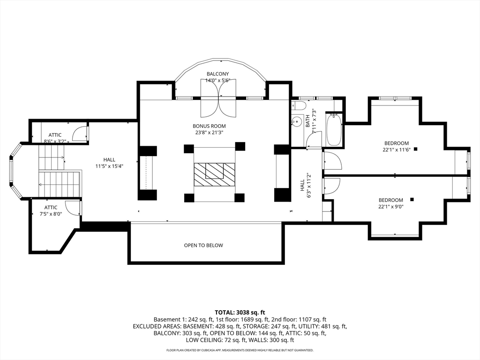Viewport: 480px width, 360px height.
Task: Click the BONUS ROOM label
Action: (209, 126)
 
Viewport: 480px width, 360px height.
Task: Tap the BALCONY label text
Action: (217, 74)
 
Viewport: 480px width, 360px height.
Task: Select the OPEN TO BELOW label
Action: (203, 245)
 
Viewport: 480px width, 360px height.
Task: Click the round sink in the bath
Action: (296, 121)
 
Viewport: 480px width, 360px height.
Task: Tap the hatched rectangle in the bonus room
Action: (214, 174)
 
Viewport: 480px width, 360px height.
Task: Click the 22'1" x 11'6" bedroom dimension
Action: (397, 150)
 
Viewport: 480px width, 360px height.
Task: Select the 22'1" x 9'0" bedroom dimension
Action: (391, 207)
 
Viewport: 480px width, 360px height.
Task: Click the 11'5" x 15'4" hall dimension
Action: (109, 166)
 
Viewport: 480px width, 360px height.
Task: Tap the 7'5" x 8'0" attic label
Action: (51, 214)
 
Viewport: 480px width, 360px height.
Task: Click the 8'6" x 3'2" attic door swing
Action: (80, 134)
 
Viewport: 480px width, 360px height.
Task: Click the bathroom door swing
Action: (314, 139)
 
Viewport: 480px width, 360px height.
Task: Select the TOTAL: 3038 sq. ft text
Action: (240, 313)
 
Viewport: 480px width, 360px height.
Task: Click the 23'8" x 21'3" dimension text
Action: (209, 133)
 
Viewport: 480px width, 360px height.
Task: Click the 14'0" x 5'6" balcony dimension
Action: (217, 81)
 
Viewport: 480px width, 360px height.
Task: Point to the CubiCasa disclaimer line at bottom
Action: (240, 350)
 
